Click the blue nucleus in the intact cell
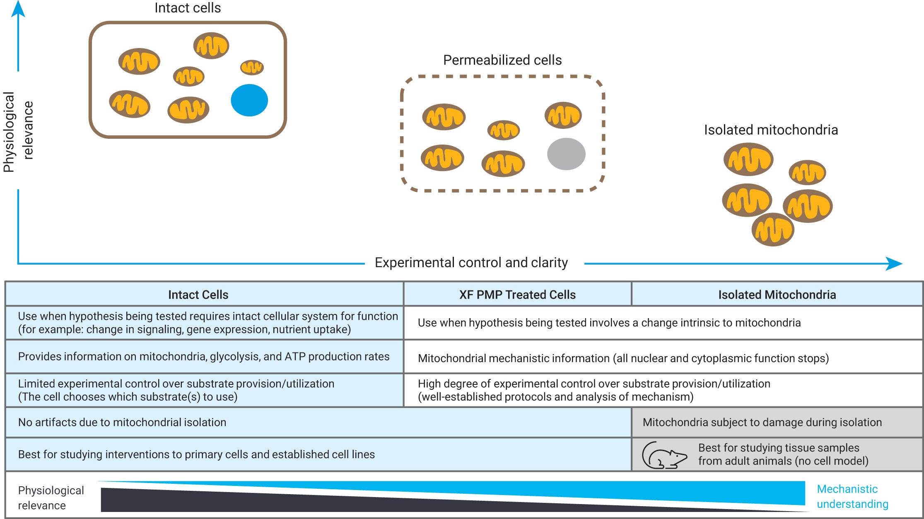[249, 100]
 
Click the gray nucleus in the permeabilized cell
[566, 154]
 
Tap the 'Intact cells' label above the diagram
[188, 8]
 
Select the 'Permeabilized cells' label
[502, 60]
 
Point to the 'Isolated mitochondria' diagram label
[771, 130]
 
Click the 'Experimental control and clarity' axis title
[471, 263]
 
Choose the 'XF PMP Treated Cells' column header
[517, 295]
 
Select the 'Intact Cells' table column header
[198, 295]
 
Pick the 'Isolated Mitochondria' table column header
[777, 295]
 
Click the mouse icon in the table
[664, 456]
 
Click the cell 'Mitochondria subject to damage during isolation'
[762, 422]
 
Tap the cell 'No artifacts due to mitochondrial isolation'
[122, 422]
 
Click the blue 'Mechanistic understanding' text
[852, 496]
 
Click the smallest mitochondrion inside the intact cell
[252, 67]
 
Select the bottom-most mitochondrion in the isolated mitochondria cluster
[773, 230]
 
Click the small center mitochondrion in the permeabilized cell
[504, 130]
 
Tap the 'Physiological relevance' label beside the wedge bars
[51, 497]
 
